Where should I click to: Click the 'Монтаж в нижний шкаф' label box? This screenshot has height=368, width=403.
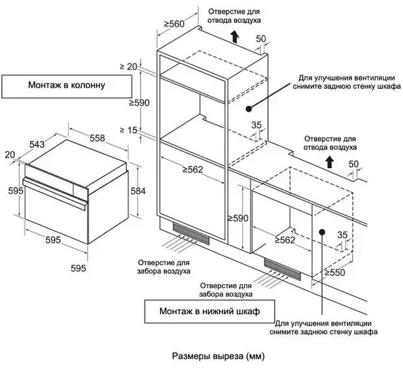(x=209, y=312)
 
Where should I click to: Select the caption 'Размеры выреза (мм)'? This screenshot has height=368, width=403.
(x=219, y=356)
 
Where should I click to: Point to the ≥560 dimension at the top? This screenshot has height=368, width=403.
(x=174, y=24)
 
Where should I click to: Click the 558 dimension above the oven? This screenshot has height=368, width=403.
(x=97, y=138)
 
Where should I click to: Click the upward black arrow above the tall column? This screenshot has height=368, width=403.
(x=234, y=39)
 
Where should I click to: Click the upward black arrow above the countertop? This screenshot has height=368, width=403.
(x=330, y=160)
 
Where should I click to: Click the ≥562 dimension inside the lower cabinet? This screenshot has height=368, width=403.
(x=285, y=239)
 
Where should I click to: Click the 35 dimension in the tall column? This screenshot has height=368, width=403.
(x=256, y=126)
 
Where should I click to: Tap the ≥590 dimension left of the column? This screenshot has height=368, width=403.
(x=140, y=103)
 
